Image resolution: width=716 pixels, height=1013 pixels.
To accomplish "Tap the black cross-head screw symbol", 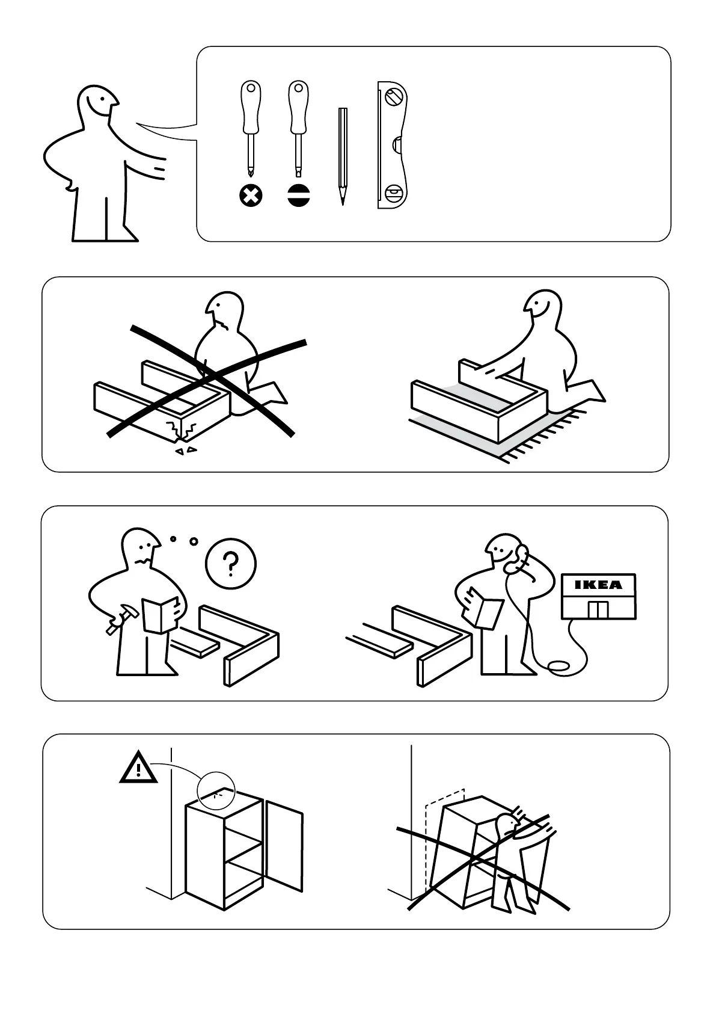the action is (x=251, y=196).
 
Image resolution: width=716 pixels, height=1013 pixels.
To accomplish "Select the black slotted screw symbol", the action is (x=298, y=196).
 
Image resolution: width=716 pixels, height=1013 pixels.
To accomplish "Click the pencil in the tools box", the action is (x=343, y=156).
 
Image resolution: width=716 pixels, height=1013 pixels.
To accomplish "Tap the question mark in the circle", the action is (x=230, y=564).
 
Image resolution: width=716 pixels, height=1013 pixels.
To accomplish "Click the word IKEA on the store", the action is (x=599, y=585).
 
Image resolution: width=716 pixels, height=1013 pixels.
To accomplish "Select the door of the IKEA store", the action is (x=599, y=610).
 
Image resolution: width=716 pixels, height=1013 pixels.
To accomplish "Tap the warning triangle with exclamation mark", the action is (x=138, y=768).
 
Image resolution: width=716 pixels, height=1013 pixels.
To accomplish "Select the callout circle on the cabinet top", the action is (x=216, y=791).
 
